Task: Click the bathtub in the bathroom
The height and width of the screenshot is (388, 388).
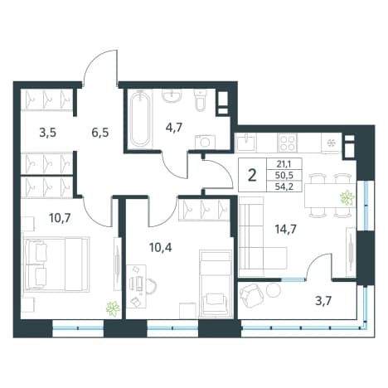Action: pyautogui.click(x=140, y=119)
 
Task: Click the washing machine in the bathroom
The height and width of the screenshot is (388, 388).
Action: pyautogui.click(x=205, y=142)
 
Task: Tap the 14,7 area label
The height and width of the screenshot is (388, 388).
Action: pyautogui.click(x=285, y=229)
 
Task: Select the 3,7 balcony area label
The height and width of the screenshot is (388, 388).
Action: pyautogui.click(x=323, y=301)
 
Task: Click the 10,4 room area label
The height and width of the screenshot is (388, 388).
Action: pyautogui.click(x=161, y=248)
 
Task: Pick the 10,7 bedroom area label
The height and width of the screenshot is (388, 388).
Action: pyautogui.click(x=61, y=218)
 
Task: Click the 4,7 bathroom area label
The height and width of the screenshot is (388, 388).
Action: pyautogui.click(x=175, y=129)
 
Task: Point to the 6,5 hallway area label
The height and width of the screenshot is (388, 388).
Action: pyautogui.click(x=100, y=133)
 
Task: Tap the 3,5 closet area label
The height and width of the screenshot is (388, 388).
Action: pyautogui.click(x=48, y=133)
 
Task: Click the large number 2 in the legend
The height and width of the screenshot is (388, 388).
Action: pyautogui.click(x=252, y=175)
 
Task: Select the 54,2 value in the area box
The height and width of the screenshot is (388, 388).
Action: pyautogui.click(x=284, y=187)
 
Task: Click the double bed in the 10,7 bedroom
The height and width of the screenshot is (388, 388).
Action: pyautogui.click(x=56, y=264)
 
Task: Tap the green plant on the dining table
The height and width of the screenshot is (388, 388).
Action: pyautogui.click(x=347, y=198)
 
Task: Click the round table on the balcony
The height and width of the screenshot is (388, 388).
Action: pyautogui.click(x=274, y=290)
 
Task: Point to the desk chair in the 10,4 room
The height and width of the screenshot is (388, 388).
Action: pyautogui.click(x=151, y=285)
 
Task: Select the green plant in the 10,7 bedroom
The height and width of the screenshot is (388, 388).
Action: pyautogui.click(x=114, y=308)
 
